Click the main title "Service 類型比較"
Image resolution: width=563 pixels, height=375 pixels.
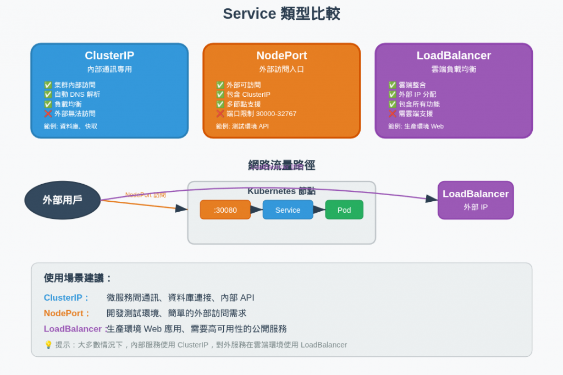pos(281,14)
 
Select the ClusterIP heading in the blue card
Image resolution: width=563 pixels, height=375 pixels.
pos(109,56)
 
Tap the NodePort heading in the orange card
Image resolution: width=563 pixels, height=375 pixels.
pos(281,56)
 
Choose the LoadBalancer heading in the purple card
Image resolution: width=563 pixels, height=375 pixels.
pos(454,56)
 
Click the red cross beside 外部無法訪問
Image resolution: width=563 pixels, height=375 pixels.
pos(48,114)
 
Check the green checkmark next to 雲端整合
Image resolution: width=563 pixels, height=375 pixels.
pos(392,85)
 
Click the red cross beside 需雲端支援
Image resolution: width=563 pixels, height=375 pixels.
pos(392,114)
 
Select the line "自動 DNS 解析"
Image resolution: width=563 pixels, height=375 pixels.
pos(77,95)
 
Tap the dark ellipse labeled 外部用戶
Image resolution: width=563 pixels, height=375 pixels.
pos(63,200)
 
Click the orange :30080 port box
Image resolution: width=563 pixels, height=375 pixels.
pos(225,210)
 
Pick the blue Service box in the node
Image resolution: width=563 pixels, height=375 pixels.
pos(288,210)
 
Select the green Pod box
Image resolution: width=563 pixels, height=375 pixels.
pos(344,210)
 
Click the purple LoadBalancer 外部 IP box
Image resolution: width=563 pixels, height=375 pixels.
pos(476,200)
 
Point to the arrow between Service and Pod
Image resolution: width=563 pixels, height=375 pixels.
pos(319,209)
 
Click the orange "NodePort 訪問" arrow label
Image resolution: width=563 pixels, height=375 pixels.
pos(145,195)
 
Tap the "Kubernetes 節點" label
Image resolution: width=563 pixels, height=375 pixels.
pos(281,191)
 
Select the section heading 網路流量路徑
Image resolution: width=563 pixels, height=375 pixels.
pos(281,165)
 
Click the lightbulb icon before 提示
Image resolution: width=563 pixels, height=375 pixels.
pos(48,345)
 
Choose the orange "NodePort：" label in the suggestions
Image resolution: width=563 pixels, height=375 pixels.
pos(67,313)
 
